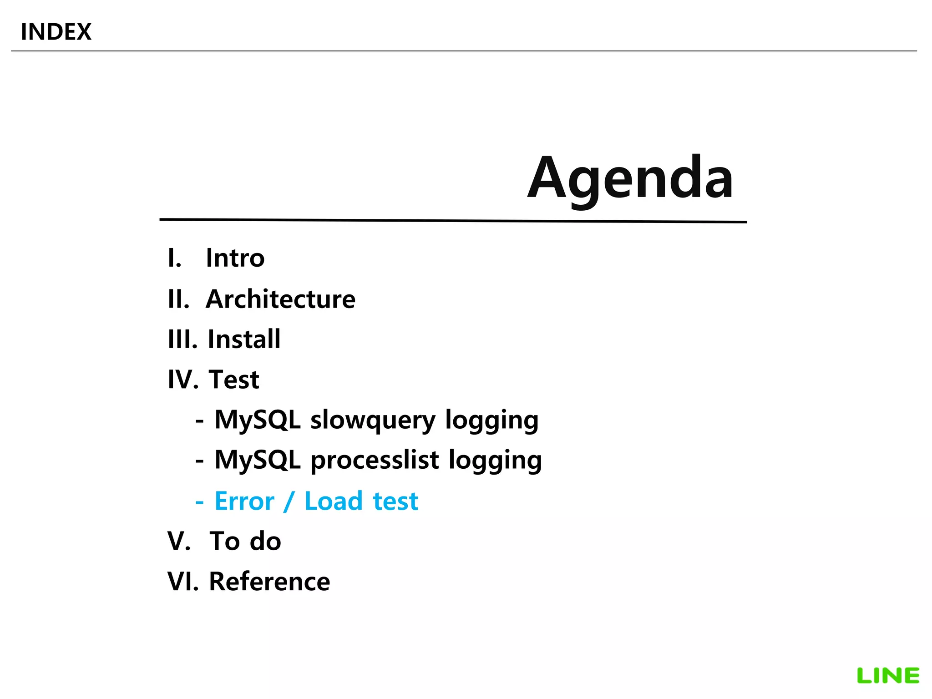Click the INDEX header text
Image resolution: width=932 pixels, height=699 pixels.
56,32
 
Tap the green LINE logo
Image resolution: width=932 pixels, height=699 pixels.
888,676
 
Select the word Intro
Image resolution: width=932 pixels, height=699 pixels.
235,258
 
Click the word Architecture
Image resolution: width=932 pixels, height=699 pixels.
280,299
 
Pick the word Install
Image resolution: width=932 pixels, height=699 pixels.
244,339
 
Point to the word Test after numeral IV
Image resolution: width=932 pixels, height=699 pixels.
234,380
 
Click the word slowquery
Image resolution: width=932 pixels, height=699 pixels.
373,420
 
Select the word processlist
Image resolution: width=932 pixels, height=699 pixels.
375,460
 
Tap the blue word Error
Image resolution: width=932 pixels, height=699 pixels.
244,501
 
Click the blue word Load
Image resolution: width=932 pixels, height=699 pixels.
334,501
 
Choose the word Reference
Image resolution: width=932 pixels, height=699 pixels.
269,582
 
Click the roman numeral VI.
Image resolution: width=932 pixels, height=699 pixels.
182,582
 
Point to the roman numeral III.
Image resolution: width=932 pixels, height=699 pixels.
182,339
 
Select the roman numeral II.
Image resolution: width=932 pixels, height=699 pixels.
178,299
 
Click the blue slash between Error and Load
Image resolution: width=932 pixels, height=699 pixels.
289,501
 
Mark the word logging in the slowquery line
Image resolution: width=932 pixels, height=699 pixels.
491,420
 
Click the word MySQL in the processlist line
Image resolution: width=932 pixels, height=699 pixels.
258,460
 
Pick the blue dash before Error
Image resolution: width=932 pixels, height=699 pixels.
199,502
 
